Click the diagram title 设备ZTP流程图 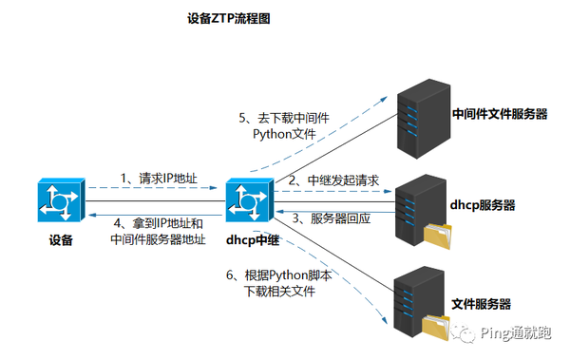pyautogui.click(x=229, y=18)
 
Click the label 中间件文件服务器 pyautogui.click(x=500, y=114)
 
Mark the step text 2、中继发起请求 pyautogui.click(x=333, y=180)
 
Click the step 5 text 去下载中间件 pyautogui.click(x=282, y=119)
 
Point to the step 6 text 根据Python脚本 pyautogui.click(x=277, y=275)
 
